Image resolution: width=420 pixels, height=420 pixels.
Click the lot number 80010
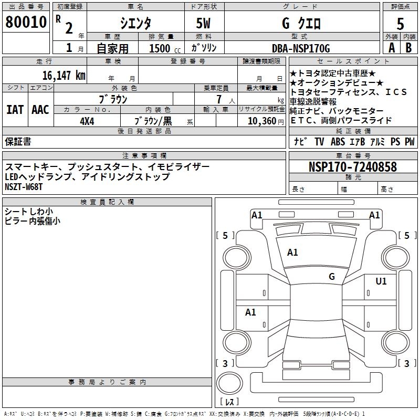pyautogui.click(x=26, y=23)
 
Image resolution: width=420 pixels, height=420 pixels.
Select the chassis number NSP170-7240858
pyautogui.click(x=352, y=167)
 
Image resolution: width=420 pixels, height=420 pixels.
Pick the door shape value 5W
pyautogui.click(x=204, y=24)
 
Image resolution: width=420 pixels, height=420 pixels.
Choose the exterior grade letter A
pyautogui.click(x=391, y=48)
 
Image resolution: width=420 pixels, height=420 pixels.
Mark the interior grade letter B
pyautogui.click(x=409, y=48)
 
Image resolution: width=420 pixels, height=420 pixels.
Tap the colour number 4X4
pyautogui.click(x=87, y=120)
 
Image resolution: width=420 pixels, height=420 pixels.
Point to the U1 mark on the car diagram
pyautogui.click(x=381, y=281)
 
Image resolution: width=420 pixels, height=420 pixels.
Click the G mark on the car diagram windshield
pyautogui.click(x=332, y=276)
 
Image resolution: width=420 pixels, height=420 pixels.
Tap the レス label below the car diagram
pyautogui.click(x=232, y=402)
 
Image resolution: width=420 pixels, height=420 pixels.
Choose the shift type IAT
pyautogui.click(x=15, y=109)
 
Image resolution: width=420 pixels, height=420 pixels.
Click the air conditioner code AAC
pyautogui.click(x=40, y=109)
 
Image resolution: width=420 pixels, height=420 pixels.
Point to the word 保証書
pyautogui.click(x=18, y=141)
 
